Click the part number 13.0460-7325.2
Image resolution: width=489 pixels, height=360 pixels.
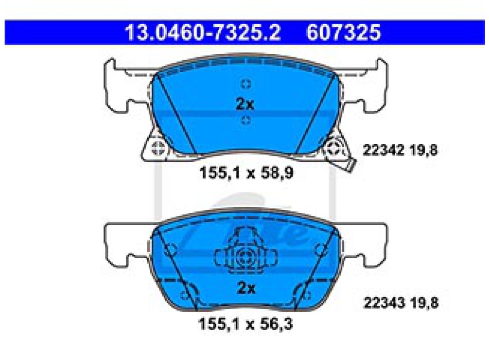coord(203,32)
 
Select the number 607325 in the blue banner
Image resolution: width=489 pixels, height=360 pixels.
coord(343,32)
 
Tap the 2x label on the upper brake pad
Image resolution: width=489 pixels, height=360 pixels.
coord(245,104)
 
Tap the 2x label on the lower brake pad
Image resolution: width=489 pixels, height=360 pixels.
coord(246,288)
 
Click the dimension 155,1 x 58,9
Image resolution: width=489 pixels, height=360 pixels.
coord(246,173)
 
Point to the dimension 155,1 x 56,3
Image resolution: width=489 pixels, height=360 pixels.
coord(246,324)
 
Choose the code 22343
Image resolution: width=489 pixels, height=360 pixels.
coord(385,302)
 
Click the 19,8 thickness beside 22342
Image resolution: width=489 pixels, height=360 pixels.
coord(424,151)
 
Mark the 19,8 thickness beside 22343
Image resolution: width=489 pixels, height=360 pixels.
coord(425,303)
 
